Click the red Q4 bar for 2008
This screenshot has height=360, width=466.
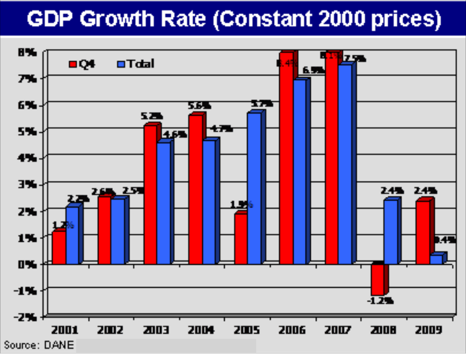(377, 279)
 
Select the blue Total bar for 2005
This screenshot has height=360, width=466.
(254, 188)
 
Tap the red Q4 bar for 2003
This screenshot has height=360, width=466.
(150, 195)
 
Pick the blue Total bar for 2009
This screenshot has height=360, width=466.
(436, 259)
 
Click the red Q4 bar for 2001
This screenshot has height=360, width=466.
(59, 247)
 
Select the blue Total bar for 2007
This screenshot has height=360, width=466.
(345, 164)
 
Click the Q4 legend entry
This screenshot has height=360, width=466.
(82, 64)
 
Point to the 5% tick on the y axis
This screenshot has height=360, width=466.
(27, 131)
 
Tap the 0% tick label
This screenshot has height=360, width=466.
(27, 264)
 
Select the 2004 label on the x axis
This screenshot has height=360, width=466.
(202, 330)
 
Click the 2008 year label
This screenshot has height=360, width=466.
(383, 330)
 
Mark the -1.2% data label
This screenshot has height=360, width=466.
(380, 301)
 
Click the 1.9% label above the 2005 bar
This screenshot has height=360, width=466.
(241, 204)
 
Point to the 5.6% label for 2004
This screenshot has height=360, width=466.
(199, 106)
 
